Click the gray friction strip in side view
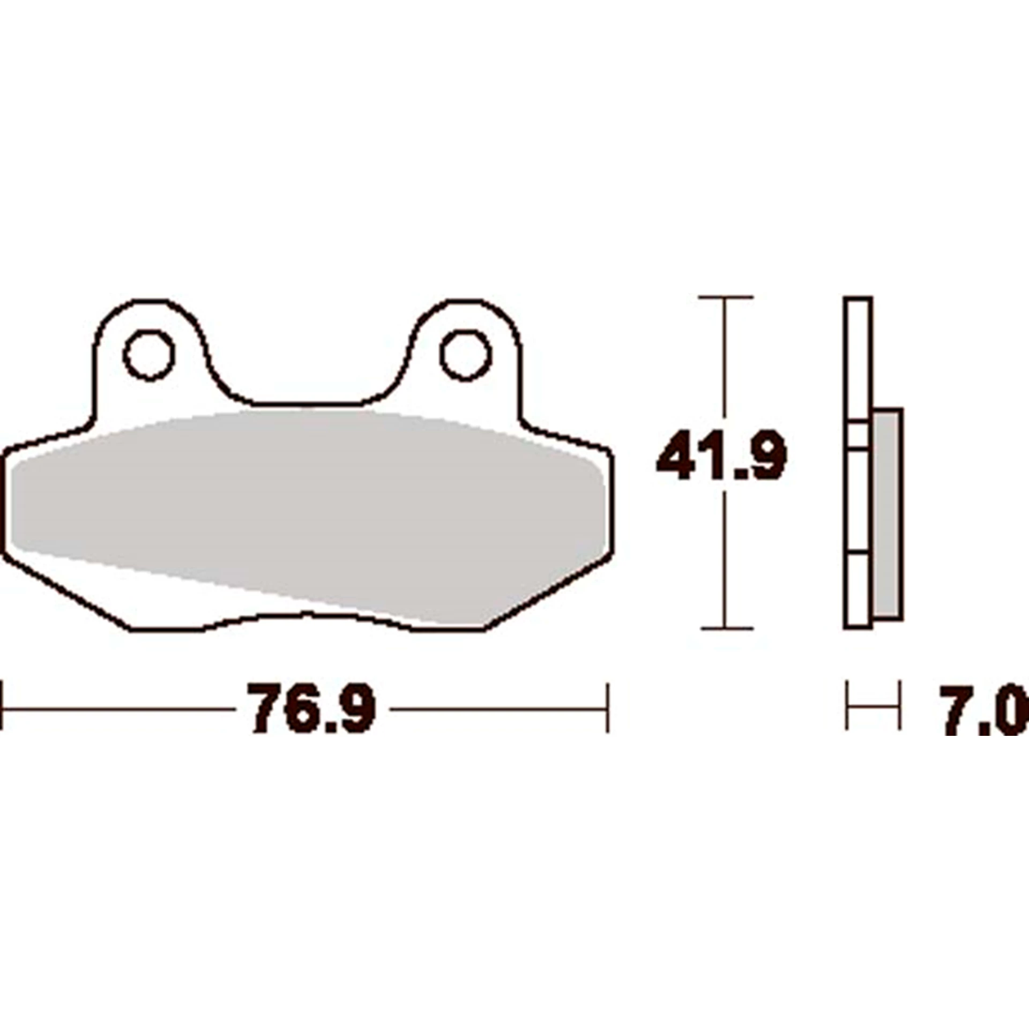click(x=887, y=514)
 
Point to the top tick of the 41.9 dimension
click(x=726, y=296)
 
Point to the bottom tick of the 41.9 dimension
click(x=726, y=628)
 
